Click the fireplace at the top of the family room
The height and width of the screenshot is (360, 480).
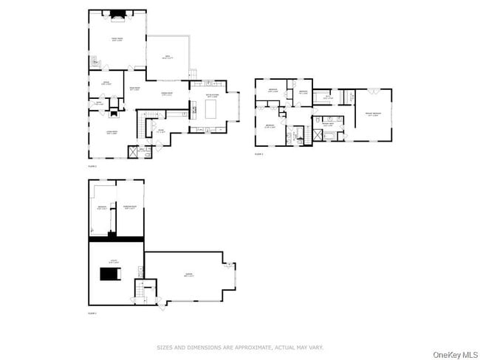117,13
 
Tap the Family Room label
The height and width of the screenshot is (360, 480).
117,40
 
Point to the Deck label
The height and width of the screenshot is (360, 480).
168,56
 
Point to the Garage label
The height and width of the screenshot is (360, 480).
189,276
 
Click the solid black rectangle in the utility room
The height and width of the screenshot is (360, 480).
110,274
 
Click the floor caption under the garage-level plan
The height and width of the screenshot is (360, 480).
93,314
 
